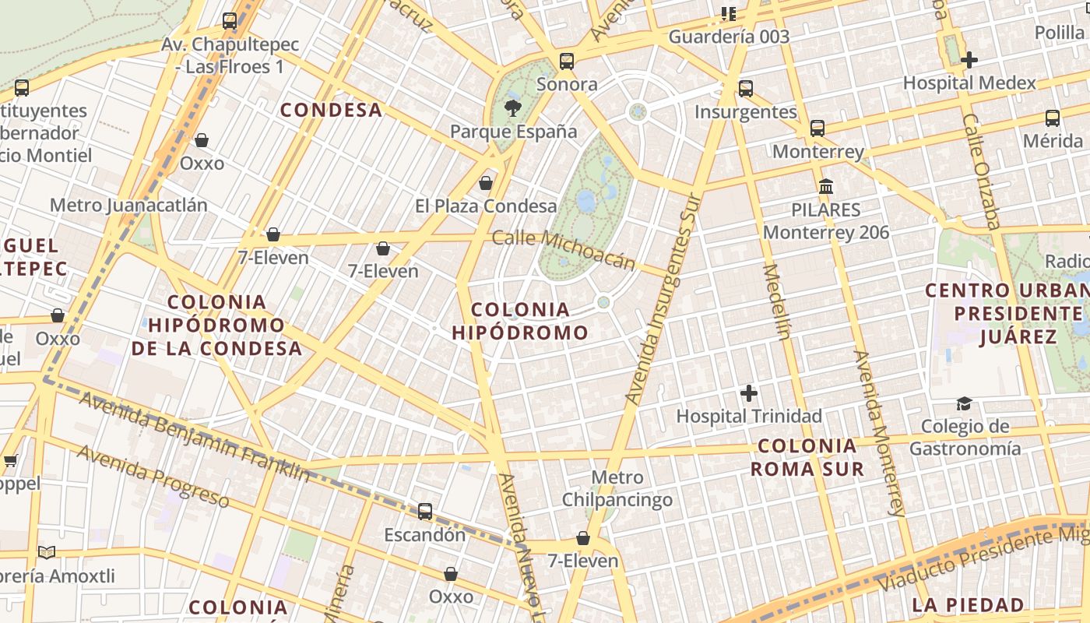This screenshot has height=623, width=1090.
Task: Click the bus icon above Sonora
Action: tap(567, 61)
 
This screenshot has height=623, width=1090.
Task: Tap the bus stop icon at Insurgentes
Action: tap(746, 88)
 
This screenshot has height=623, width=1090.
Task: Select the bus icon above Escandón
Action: tap(425, 512)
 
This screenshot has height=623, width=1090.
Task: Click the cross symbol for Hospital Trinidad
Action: tap(749, 393)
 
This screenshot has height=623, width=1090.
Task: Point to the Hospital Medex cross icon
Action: tap(969, 59)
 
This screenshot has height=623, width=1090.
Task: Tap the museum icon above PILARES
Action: tap(826, 187)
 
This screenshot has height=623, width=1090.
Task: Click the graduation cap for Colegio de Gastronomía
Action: tap(965, 403)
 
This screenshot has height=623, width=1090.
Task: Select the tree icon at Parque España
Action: tap(513, 107)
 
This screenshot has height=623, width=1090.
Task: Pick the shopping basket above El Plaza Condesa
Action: tap(486, 183)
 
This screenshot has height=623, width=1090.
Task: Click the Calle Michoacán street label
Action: tap(564, 249)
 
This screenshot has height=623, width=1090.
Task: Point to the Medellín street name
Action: tap(776, 302)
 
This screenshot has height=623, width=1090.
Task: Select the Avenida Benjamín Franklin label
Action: tap(194, 437)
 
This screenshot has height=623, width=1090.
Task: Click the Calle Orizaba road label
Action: tap(980, 171)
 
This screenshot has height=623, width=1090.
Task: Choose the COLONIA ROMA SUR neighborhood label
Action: tap(807, 457)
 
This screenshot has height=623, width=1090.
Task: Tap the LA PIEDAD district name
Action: tap(968, 605)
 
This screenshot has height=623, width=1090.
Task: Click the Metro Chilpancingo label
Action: tap(617, 488)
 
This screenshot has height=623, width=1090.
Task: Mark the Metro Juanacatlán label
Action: tap(128, 205)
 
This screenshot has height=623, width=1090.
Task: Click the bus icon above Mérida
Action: tap(1053, 118)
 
